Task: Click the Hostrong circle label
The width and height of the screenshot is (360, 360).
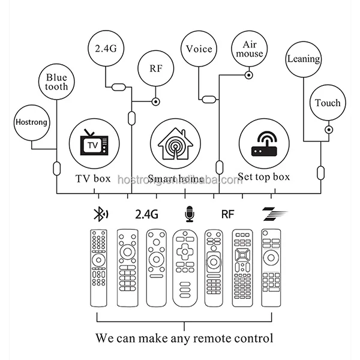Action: coord(31,123)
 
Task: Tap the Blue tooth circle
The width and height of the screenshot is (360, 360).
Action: coord(56,81)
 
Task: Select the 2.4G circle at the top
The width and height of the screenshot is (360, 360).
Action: coord(105,47)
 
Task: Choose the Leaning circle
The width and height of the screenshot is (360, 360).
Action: coord(304,59)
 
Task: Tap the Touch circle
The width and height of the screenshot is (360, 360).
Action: coord(328,103)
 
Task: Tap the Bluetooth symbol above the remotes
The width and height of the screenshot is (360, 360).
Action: coord(98,213)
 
